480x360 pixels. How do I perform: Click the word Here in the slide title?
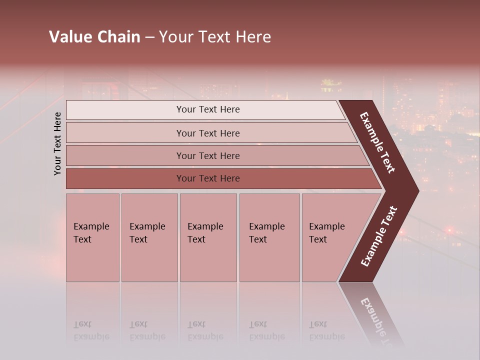[x=253, y=37]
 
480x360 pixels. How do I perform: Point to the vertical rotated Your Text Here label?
[x=57, y=143]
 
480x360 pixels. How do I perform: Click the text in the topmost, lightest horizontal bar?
[x=208, y=109]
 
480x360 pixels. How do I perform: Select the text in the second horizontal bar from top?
[x=208, y=133]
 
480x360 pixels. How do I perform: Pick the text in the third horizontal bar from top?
[x=208, y=156]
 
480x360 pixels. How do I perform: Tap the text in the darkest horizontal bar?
[x=208, y=178]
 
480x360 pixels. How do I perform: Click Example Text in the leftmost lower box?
[x=91, y=233]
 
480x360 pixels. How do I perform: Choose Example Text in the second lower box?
[x=147, y=233]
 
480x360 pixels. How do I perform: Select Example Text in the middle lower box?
[x=205, y=233]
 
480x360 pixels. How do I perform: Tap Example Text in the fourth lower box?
[x=266, y=233]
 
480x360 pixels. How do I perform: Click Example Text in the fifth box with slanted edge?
[x=326, y=233]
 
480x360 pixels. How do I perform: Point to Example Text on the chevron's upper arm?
[x=377, y=142]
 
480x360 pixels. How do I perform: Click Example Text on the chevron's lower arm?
[x=379, y=236]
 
